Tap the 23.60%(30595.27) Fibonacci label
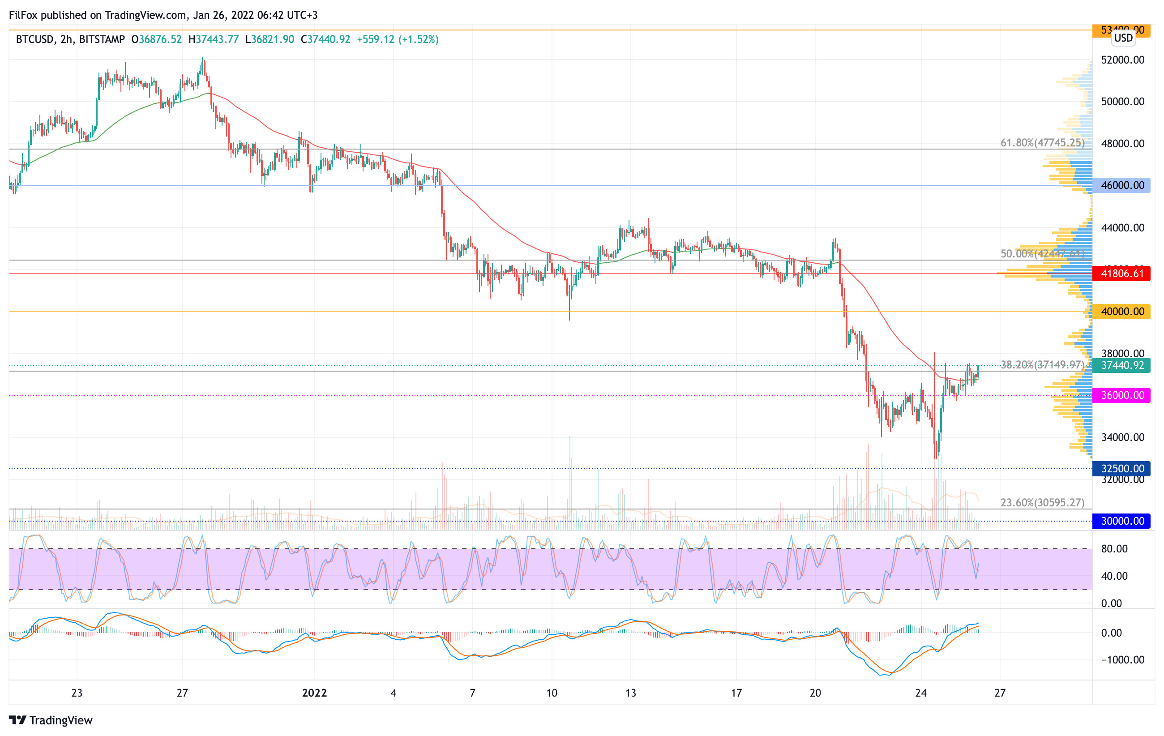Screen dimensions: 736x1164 1042,503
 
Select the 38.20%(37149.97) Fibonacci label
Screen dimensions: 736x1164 1042,365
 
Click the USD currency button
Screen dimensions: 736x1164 1123,38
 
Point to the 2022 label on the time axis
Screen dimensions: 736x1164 314,693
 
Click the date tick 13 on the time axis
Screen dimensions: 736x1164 630,693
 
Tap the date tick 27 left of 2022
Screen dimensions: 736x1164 182,693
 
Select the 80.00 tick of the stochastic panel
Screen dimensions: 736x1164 1114,548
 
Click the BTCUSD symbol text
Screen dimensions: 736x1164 35,39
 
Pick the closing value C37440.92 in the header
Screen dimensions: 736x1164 325,39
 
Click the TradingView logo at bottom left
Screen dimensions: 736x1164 51,720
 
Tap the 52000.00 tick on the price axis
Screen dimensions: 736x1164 1122,60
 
